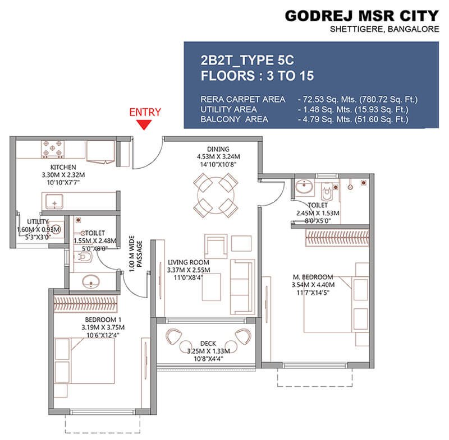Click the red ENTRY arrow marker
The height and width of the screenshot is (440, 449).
145,124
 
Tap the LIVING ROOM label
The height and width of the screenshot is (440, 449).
188,262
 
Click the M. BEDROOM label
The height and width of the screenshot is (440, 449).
313,276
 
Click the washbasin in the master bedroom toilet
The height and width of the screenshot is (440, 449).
304,185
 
